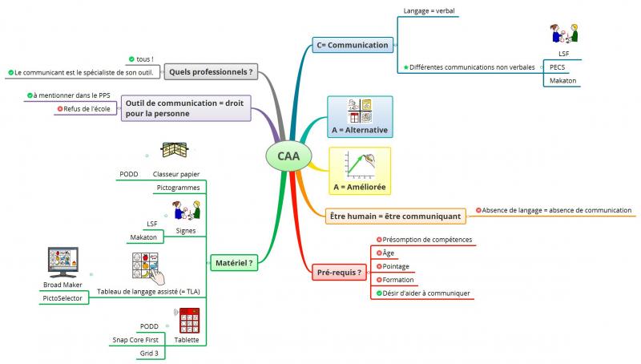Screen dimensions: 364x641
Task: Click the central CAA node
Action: tap(289, 156)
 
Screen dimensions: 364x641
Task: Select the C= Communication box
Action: tap(353, 45)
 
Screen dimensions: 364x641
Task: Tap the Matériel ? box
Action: tap(234, 261)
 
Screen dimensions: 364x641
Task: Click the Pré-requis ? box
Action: tap(338, 273)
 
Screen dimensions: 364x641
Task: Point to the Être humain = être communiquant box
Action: tap(395, 216)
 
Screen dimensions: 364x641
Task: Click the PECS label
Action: tap(558, 67)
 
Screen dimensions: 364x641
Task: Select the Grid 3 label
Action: tap(149, 353)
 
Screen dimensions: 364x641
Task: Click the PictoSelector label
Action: tap(62, 298)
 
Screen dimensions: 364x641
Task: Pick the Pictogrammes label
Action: tap(178, 187)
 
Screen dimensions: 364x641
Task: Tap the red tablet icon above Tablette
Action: tap(189, 321)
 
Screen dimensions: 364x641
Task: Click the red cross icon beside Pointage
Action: tap(378, 266)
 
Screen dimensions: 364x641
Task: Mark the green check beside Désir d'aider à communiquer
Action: tap(378, 293)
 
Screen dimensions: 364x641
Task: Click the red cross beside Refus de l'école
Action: tap(60, 109)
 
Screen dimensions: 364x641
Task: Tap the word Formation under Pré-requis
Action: tap(398, 280)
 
